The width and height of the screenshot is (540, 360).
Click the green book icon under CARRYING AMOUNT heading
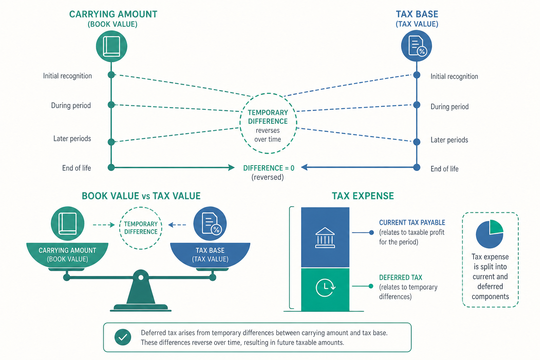click(111, 46)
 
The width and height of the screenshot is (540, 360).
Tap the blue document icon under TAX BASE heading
click(417, 46)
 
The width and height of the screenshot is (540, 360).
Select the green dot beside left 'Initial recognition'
click(111, 75)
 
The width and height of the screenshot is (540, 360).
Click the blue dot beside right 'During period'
click(417, 105)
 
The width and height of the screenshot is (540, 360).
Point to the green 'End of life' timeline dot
click(111, 167)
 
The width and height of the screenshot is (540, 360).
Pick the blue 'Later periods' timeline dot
click(417, 142)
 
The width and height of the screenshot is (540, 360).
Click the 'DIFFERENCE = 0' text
click(269, 168)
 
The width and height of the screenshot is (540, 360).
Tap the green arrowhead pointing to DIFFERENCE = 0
click(231, 167)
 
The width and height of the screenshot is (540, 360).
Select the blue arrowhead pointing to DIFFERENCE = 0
click(304, 167)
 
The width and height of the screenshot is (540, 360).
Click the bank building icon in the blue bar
click(325, 238)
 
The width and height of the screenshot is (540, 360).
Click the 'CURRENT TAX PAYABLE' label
click(412, 223)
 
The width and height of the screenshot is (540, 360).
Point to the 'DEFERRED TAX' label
click(401, 277)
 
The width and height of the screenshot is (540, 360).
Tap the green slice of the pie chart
click(495, 227)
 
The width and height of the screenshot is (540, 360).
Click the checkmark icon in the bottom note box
click(123, 337)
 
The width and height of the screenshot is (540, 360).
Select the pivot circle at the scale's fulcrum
click(141, 277)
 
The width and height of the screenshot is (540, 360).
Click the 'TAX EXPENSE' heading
click(363, 196)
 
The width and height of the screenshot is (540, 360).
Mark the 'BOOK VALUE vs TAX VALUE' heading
click(141, 196)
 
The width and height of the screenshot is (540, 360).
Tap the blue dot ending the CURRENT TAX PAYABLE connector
click(372, 232)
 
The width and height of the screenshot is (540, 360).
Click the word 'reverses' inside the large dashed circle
click(268, 130)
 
